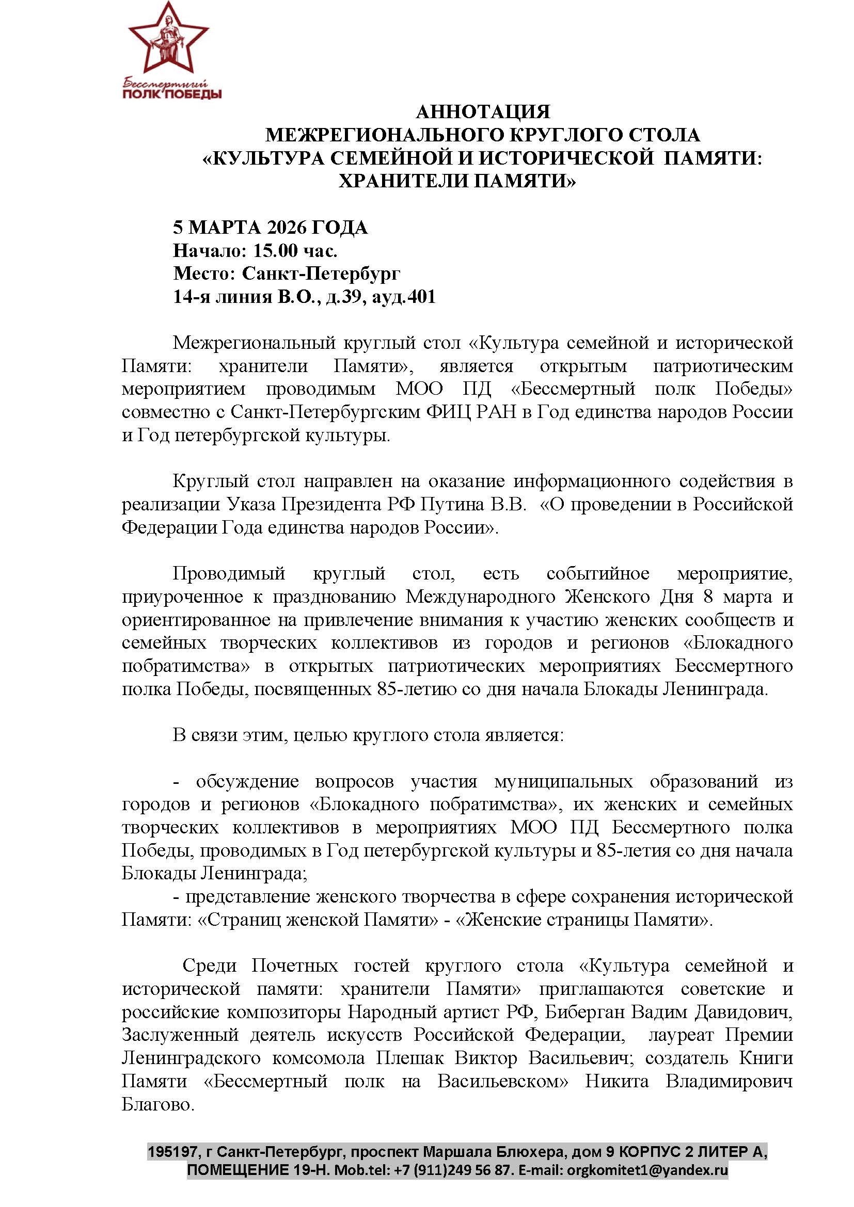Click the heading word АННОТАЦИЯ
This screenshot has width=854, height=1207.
[x=483, y=112]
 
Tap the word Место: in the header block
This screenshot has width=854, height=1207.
[x=204, y=273]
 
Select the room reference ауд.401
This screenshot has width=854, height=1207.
[x=403, y=297]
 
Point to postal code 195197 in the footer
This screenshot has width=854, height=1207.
[x=171, y=1151]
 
